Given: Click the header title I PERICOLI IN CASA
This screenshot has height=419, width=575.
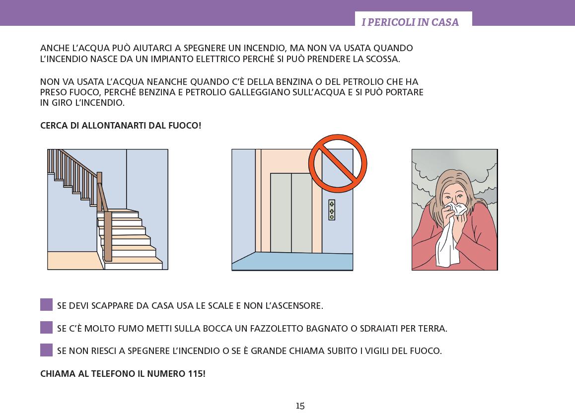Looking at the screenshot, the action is (410, 22).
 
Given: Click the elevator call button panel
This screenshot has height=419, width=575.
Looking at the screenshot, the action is (332, 209).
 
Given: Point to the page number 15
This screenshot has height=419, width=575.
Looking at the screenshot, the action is (300, 406).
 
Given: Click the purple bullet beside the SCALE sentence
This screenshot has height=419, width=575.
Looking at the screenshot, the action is (47, 305).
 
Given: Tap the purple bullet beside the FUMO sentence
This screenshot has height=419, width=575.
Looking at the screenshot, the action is (47, 327).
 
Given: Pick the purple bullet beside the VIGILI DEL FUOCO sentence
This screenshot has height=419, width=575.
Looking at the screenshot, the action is (47, 350).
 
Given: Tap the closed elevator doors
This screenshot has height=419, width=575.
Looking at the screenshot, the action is (291, 212).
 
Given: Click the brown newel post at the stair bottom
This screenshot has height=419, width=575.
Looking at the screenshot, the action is (108, 236).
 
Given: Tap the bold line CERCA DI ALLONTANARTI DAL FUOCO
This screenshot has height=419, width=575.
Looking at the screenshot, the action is (121, 126).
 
